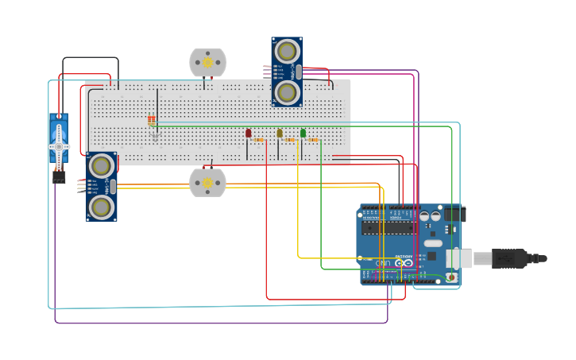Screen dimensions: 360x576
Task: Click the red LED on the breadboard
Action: [249, 134]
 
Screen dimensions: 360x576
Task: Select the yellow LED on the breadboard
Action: [280, 134]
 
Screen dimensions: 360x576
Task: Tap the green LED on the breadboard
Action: [303, 133]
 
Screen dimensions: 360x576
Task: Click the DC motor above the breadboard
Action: [207, 62]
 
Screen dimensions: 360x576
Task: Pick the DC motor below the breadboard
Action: [207, 183]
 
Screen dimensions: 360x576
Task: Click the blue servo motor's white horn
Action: [59, 147]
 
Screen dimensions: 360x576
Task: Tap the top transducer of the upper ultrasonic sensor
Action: [286, 52]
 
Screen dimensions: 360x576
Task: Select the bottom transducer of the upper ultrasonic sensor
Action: [286, 91]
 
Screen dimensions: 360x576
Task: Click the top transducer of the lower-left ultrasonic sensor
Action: [101, 166]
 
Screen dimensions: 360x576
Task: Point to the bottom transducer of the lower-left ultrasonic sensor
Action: [101, 207]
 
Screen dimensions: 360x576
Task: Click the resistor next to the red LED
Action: [259, 140]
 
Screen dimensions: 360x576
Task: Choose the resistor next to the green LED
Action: [313, 140]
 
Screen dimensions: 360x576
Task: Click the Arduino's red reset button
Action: [451, 277]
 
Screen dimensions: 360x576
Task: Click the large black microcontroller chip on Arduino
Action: [387, 227]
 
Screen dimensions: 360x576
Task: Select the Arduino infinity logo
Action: [405, 261]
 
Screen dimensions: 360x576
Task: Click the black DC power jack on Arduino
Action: [453, 214]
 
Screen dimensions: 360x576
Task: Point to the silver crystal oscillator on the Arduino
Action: [433, 243]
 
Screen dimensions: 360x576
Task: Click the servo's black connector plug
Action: [59, 179]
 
